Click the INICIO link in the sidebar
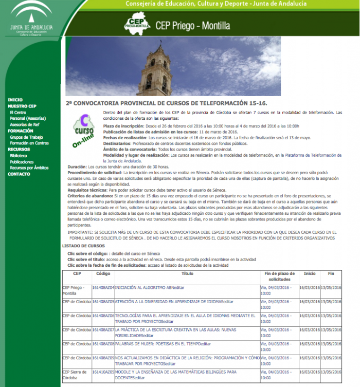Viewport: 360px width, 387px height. (x=15, y=100)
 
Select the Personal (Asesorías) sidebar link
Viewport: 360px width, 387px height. (x=27, y=118)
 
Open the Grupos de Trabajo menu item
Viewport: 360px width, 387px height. (x=26, y=137)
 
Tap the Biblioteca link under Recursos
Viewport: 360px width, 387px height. (x=18, y=155)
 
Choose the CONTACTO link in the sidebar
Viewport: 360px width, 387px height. (x=19, y=174)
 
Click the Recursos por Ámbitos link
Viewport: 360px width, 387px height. (x=29, y=168)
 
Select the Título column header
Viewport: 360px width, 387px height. (x=187, y=274)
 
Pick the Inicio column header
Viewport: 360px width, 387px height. (x=310, y=274)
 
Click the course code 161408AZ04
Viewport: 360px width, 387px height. (x=103, y=288)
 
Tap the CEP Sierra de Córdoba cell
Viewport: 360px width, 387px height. (x=76, y=374)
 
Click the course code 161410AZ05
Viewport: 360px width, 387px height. (x=103, y=372)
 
